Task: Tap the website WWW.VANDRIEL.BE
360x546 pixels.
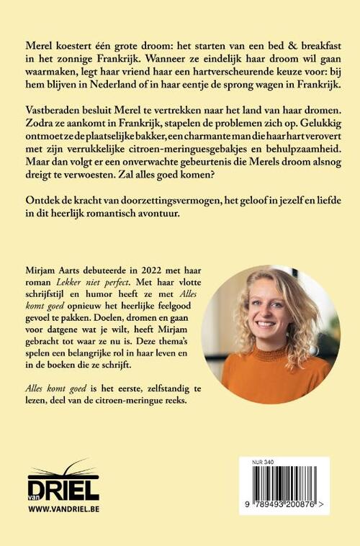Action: click(63, 508)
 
